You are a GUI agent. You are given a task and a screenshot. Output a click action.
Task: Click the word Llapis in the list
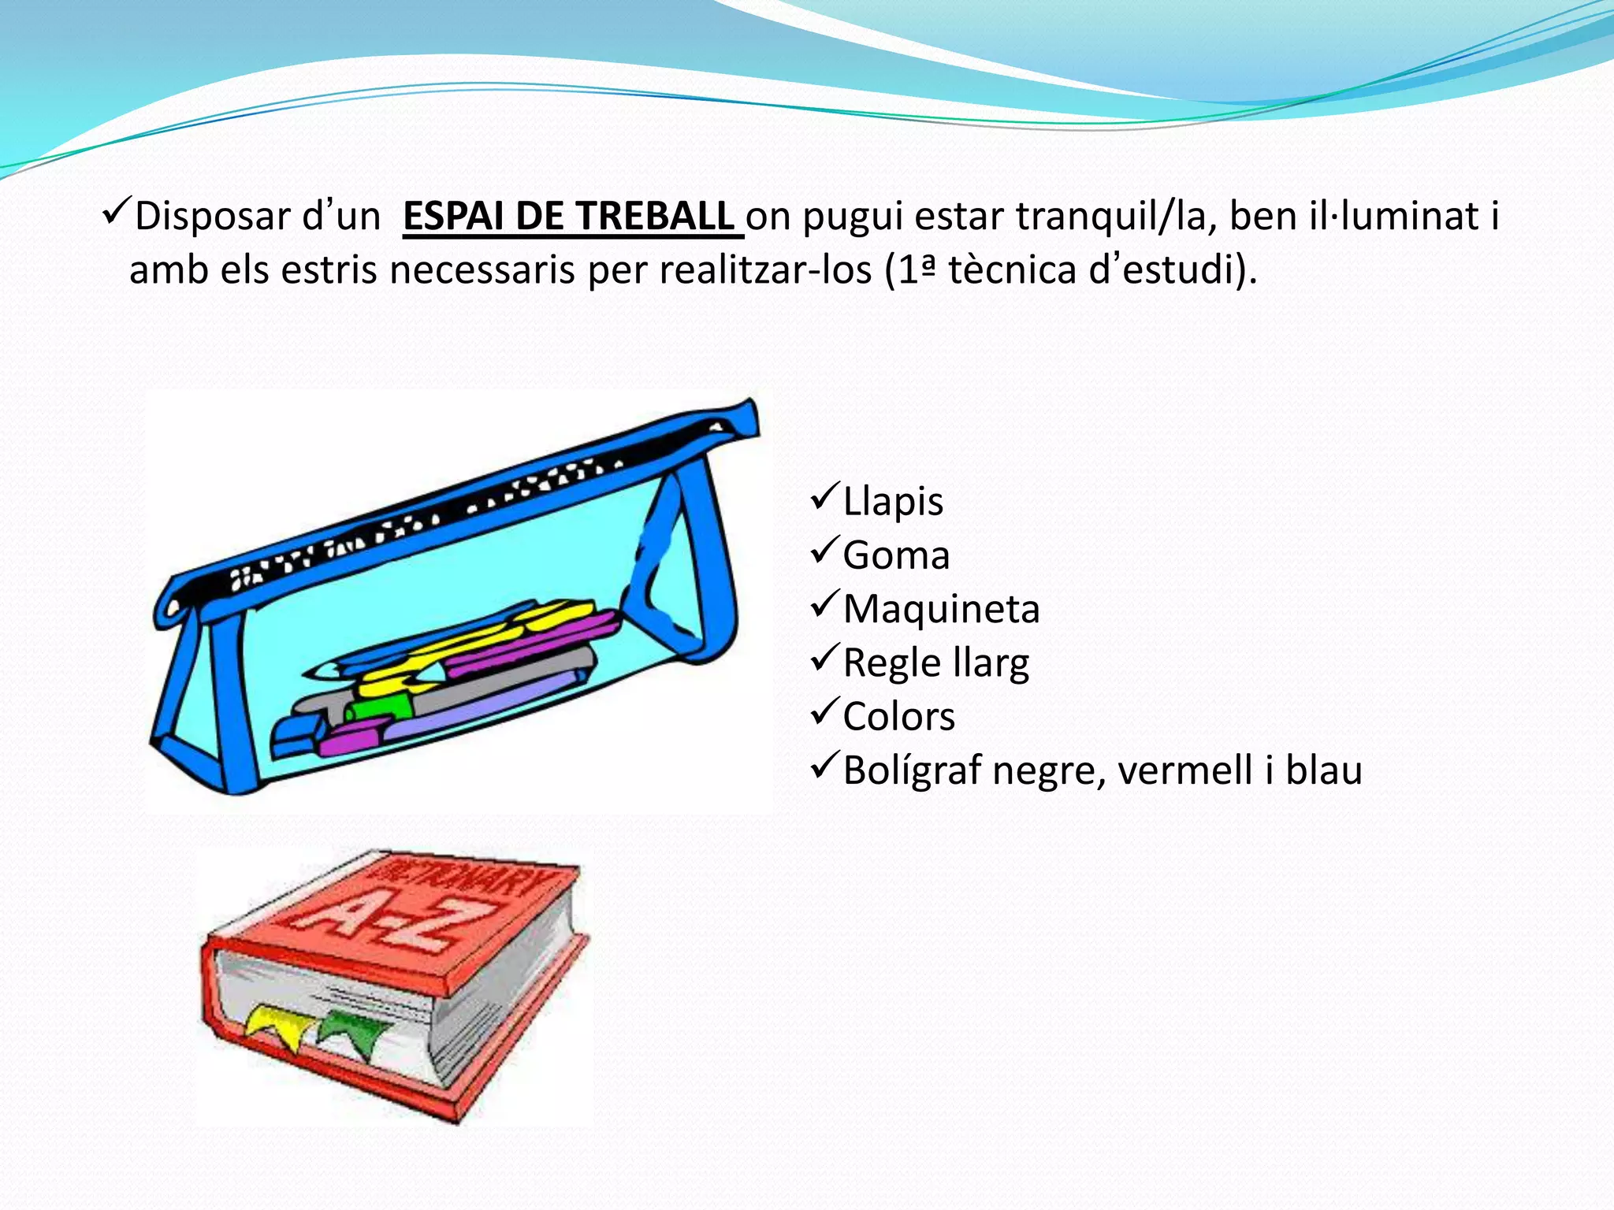click(893, 502)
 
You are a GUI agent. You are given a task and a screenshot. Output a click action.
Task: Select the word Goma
click(896, 555)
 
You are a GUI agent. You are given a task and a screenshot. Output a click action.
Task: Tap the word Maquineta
click(941, 610)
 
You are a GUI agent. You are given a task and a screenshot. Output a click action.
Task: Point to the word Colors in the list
click(898, 717)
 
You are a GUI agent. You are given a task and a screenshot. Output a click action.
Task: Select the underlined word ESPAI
click(453, 217)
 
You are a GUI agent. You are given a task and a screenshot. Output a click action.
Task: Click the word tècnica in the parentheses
click(1012, 270)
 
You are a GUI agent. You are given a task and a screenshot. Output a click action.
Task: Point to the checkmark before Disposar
click(117, 213)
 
